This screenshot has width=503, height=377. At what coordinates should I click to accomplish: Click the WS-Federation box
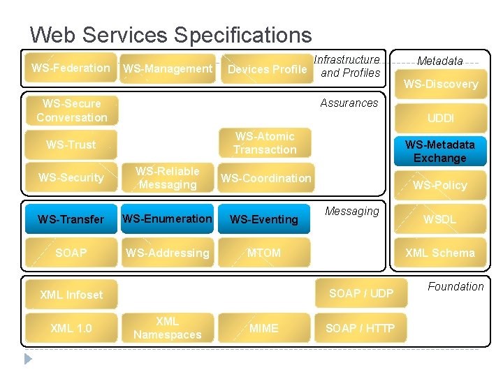coord(71,68)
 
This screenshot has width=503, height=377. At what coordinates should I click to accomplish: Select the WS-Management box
coord(168,68)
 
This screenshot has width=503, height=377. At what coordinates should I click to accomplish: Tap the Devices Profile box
coord(267,69)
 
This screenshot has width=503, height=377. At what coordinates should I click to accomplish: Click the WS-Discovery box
coord(440,84)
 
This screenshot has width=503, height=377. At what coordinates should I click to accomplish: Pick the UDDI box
coord(440,118)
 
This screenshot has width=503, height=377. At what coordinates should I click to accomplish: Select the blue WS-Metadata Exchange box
coord(440,151)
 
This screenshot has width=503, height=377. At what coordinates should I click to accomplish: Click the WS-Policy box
coord(440,185)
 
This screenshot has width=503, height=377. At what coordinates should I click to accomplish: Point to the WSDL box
coord(440,219)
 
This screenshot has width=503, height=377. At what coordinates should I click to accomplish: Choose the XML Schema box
coord(440,253)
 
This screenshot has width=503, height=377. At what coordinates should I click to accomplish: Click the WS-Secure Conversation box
coord(71,110)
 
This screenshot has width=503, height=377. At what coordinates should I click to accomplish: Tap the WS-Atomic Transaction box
coord(265,143)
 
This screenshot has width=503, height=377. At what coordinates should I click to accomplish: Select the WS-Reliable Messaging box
coord(168,178)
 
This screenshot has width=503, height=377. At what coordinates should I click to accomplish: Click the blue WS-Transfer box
coord(71,219)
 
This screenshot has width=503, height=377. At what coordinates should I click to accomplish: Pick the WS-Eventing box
coord(264,219)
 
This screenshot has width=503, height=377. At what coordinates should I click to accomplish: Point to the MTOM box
coord(264,253)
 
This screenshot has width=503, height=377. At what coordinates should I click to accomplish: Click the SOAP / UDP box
coord(361,293)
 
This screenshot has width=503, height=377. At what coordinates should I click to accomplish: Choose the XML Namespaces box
coord(168,328)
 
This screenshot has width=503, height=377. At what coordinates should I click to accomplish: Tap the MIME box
coord(264,328)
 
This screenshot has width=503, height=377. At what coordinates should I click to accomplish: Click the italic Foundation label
coord(455,286)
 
